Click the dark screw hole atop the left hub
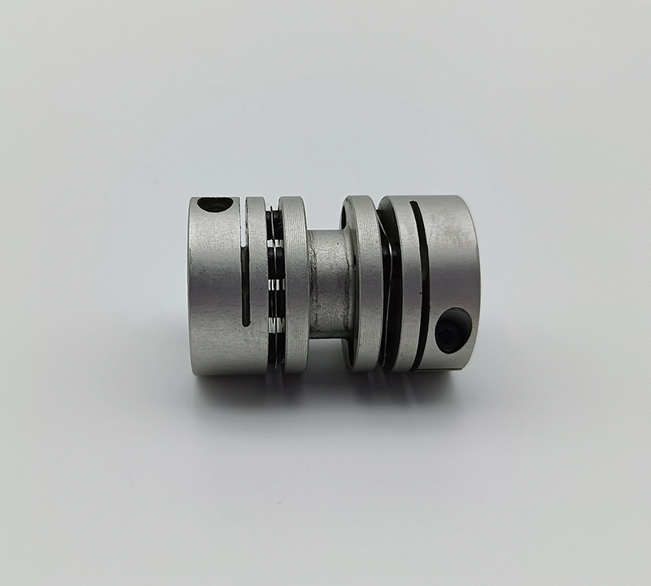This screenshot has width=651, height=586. pos(215,204)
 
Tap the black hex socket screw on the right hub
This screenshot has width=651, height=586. pos(452,330)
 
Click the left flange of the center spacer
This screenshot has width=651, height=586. pos(293,285)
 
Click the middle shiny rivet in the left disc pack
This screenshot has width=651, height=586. pos(276,284)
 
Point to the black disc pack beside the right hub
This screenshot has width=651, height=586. pos(389,285)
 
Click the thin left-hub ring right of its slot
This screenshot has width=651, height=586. pos(257,285)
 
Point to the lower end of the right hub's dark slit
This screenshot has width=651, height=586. pos(417,358)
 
